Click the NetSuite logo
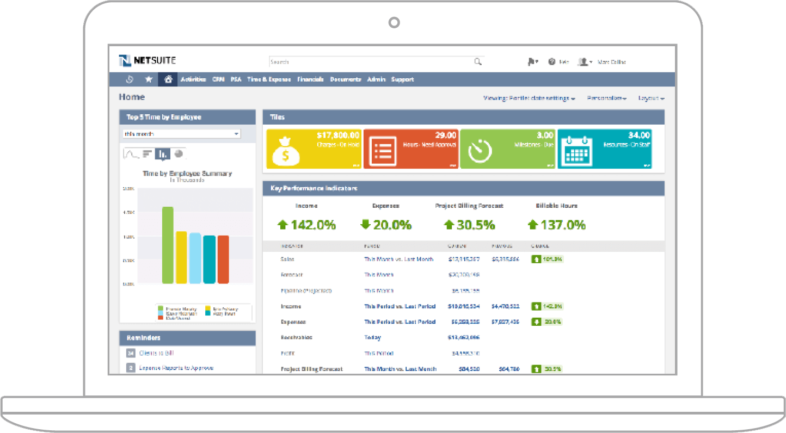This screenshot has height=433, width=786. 147,60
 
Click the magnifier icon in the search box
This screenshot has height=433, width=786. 478,62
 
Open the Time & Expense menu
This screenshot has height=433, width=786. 269,79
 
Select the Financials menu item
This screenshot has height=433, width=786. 310,79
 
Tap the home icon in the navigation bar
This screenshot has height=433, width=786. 168,79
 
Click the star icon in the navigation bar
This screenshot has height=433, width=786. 149,79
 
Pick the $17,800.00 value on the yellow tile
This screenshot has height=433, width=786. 338,135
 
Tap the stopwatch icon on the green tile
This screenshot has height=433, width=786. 481,151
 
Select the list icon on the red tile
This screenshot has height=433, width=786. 384,150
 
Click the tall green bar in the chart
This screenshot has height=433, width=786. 168,245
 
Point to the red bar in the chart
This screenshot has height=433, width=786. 223,259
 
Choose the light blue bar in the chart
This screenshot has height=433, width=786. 195,258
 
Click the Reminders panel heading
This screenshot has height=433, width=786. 144,338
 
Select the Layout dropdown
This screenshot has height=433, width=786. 652,98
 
